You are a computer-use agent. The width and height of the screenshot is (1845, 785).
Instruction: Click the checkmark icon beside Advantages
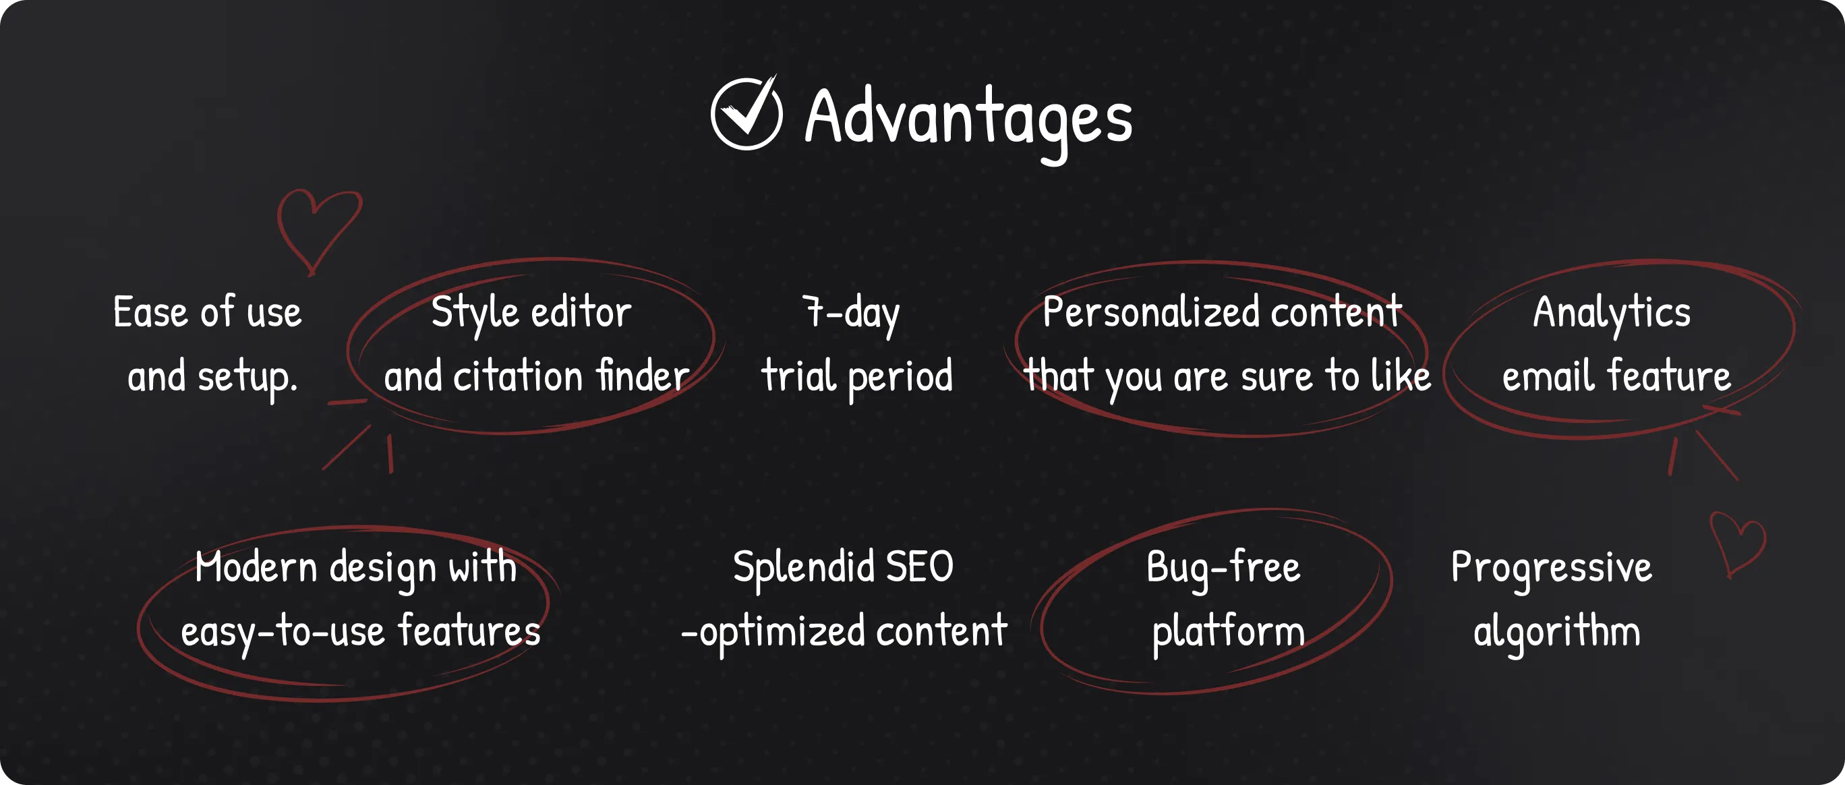pyautogui.click(x=746, y=113)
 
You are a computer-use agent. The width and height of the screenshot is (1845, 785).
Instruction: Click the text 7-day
pyautogui.click(x=851, y=315)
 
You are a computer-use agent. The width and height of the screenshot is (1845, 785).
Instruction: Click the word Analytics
pyautogui.click(x=1612, y=314)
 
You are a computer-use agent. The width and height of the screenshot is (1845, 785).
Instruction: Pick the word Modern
pyautogui.click(x=256, y=567)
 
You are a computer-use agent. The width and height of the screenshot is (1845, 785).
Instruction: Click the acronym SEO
pyautogui.click(x=920, y=567)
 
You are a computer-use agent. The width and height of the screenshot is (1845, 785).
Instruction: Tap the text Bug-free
pyautogui.click(x=1223, y=569)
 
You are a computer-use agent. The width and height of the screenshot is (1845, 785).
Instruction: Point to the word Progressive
pyautogui.click(x=1552, y=569)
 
